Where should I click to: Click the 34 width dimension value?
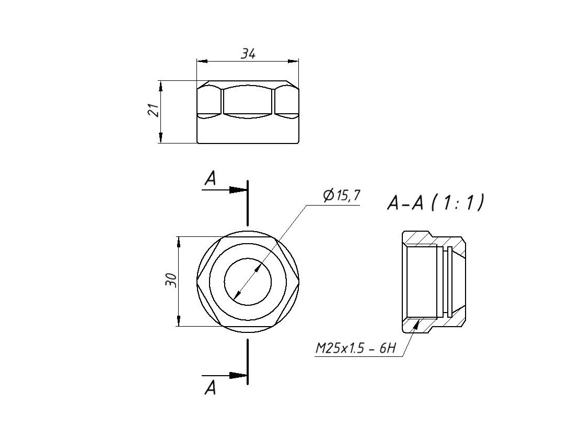click(248, 53)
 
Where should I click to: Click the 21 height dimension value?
click(153, 110)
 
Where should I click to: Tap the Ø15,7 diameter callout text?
click(342, 196)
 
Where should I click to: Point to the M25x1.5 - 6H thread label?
click(355, 348)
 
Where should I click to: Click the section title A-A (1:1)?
click(435, 202)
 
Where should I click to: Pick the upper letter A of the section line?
click(210, 179)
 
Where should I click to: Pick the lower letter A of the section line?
click(210, 388)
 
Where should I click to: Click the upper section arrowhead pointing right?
click(239, 189)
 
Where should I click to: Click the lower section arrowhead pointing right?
click(239, 375)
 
